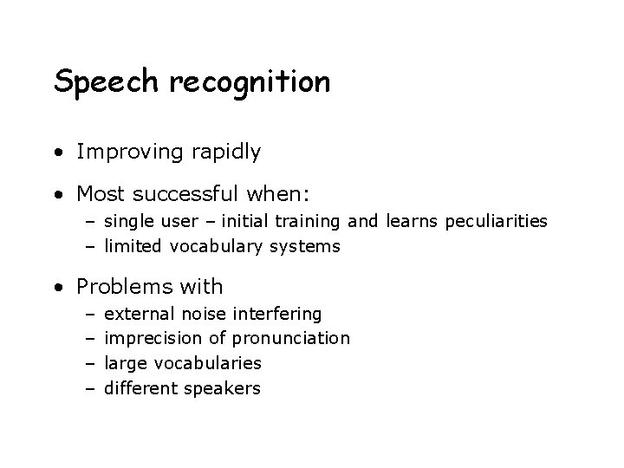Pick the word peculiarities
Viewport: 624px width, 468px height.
[497, 221]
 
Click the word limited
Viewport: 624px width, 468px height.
[133, 246]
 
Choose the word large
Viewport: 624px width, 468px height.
[123, 363]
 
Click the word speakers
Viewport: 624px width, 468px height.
[224, 388]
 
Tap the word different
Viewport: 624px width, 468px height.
[142, 388]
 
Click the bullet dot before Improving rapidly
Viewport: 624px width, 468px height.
[58, 153]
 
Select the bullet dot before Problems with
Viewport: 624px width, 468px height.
[58, 287]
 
